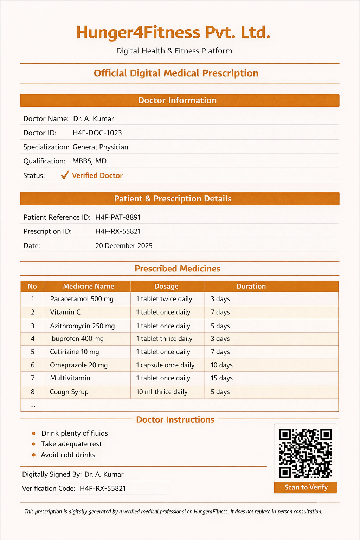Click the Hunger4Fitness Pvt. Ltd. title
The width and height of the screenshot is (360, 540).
(173, 32)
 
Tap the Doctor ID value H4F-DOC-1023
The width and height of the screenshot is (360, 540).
(97, 133)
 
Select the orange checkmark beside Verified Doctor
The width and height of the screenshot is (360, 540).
(65, 175)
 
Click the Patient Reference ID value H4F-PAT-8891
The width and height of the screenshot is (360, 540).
(118, 217)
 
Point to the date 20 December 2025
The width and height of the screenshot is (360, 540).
(124, 246)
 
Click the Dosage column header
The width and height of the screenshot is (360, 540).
(166, 286)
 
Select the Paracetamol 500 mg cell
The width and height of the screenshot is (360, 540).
(82, 299)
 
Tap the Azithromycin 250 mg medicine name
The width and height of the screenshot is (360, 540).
(82, 326)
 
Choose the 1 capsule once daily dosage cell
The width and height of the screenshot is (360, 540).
(165, 365)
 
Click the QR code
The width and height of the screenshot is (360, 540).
(306, 453)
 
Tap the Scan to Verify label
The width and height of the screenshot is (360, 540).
(306, 487)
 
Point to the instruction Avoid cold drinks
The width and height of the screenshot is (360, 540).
(68, 455)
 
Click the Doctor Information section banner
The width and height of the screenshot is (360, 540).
(180, 101)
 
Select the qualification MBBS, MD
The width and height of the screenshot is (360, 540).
(89, 161)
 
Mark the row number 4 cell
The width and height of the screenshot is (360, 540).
(33, 339)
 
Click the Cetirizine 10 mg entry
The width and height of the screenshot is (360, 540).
(75, 352)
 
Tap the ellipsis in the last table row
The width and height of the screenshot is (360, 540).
(33, 405)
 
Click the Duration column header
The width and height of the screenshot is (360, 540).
(251, 286)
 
